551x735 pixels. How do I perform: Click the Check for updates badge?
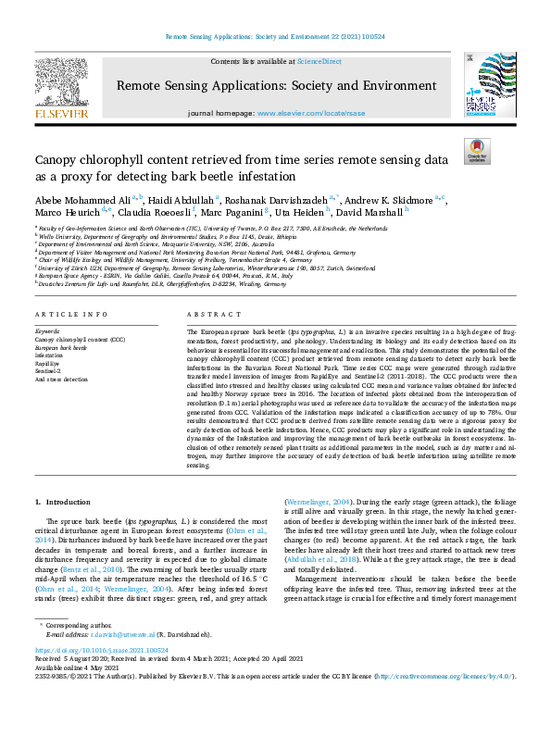point(477,151)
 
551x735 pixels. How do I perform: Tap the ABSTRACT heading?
point(210,316)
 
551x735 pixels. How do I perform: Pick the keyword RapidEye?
point(47,365)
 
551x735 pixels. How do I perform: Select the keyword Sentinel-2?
point(48,372)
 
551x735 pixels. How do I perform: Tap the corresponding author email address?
point(126,634)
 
